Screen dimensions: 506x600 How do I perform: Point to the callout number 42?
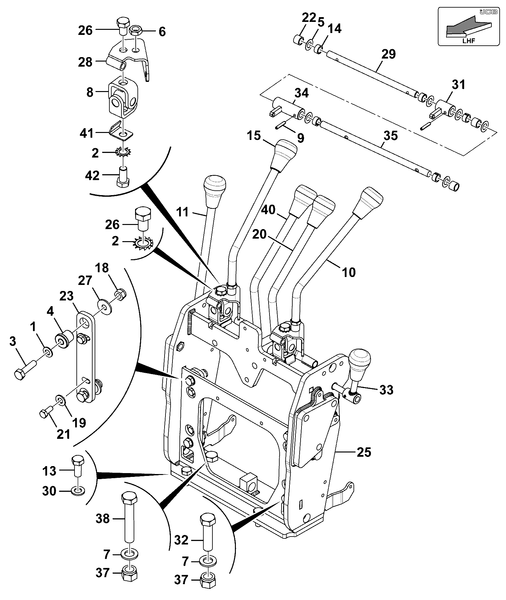pyautogui.click(x=92, y=175)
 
